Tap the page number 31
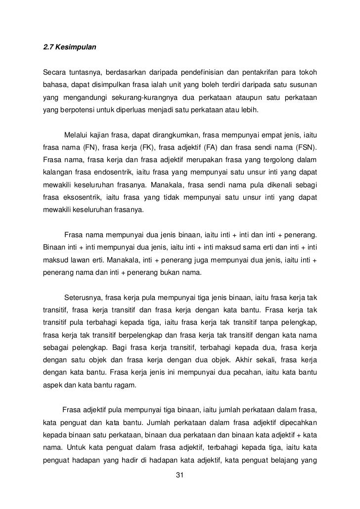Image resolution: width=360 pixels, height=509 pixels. (180, 475)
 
